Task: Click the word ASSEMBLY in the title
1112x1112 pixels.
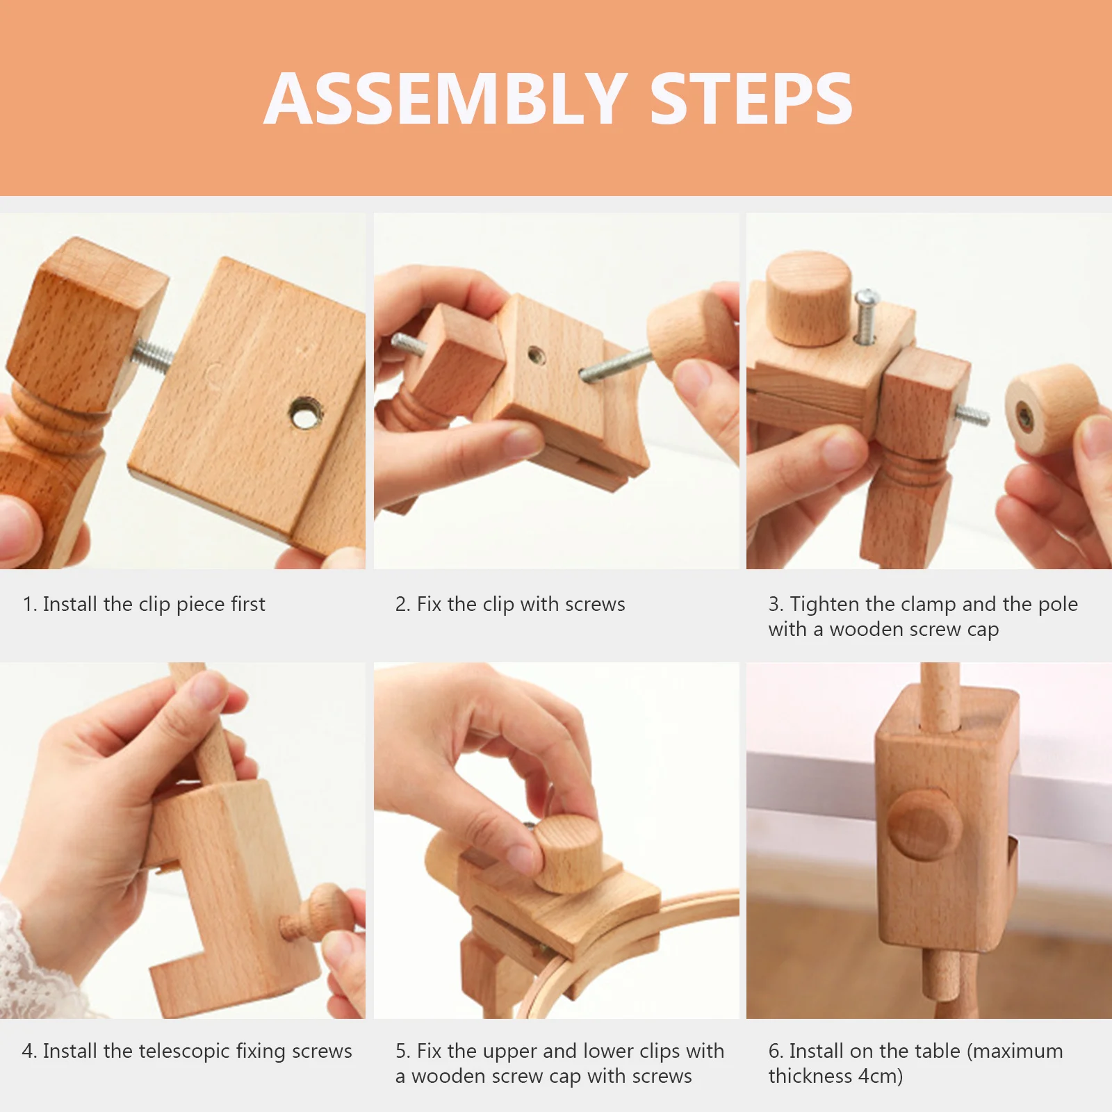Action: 445,99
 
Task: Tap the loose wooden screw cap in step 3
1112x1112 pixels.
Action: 1049,410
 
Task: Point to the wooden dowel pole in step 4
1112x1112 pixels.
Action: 208,730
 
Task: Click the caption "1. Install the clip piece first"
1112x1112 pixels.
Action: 144,604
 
